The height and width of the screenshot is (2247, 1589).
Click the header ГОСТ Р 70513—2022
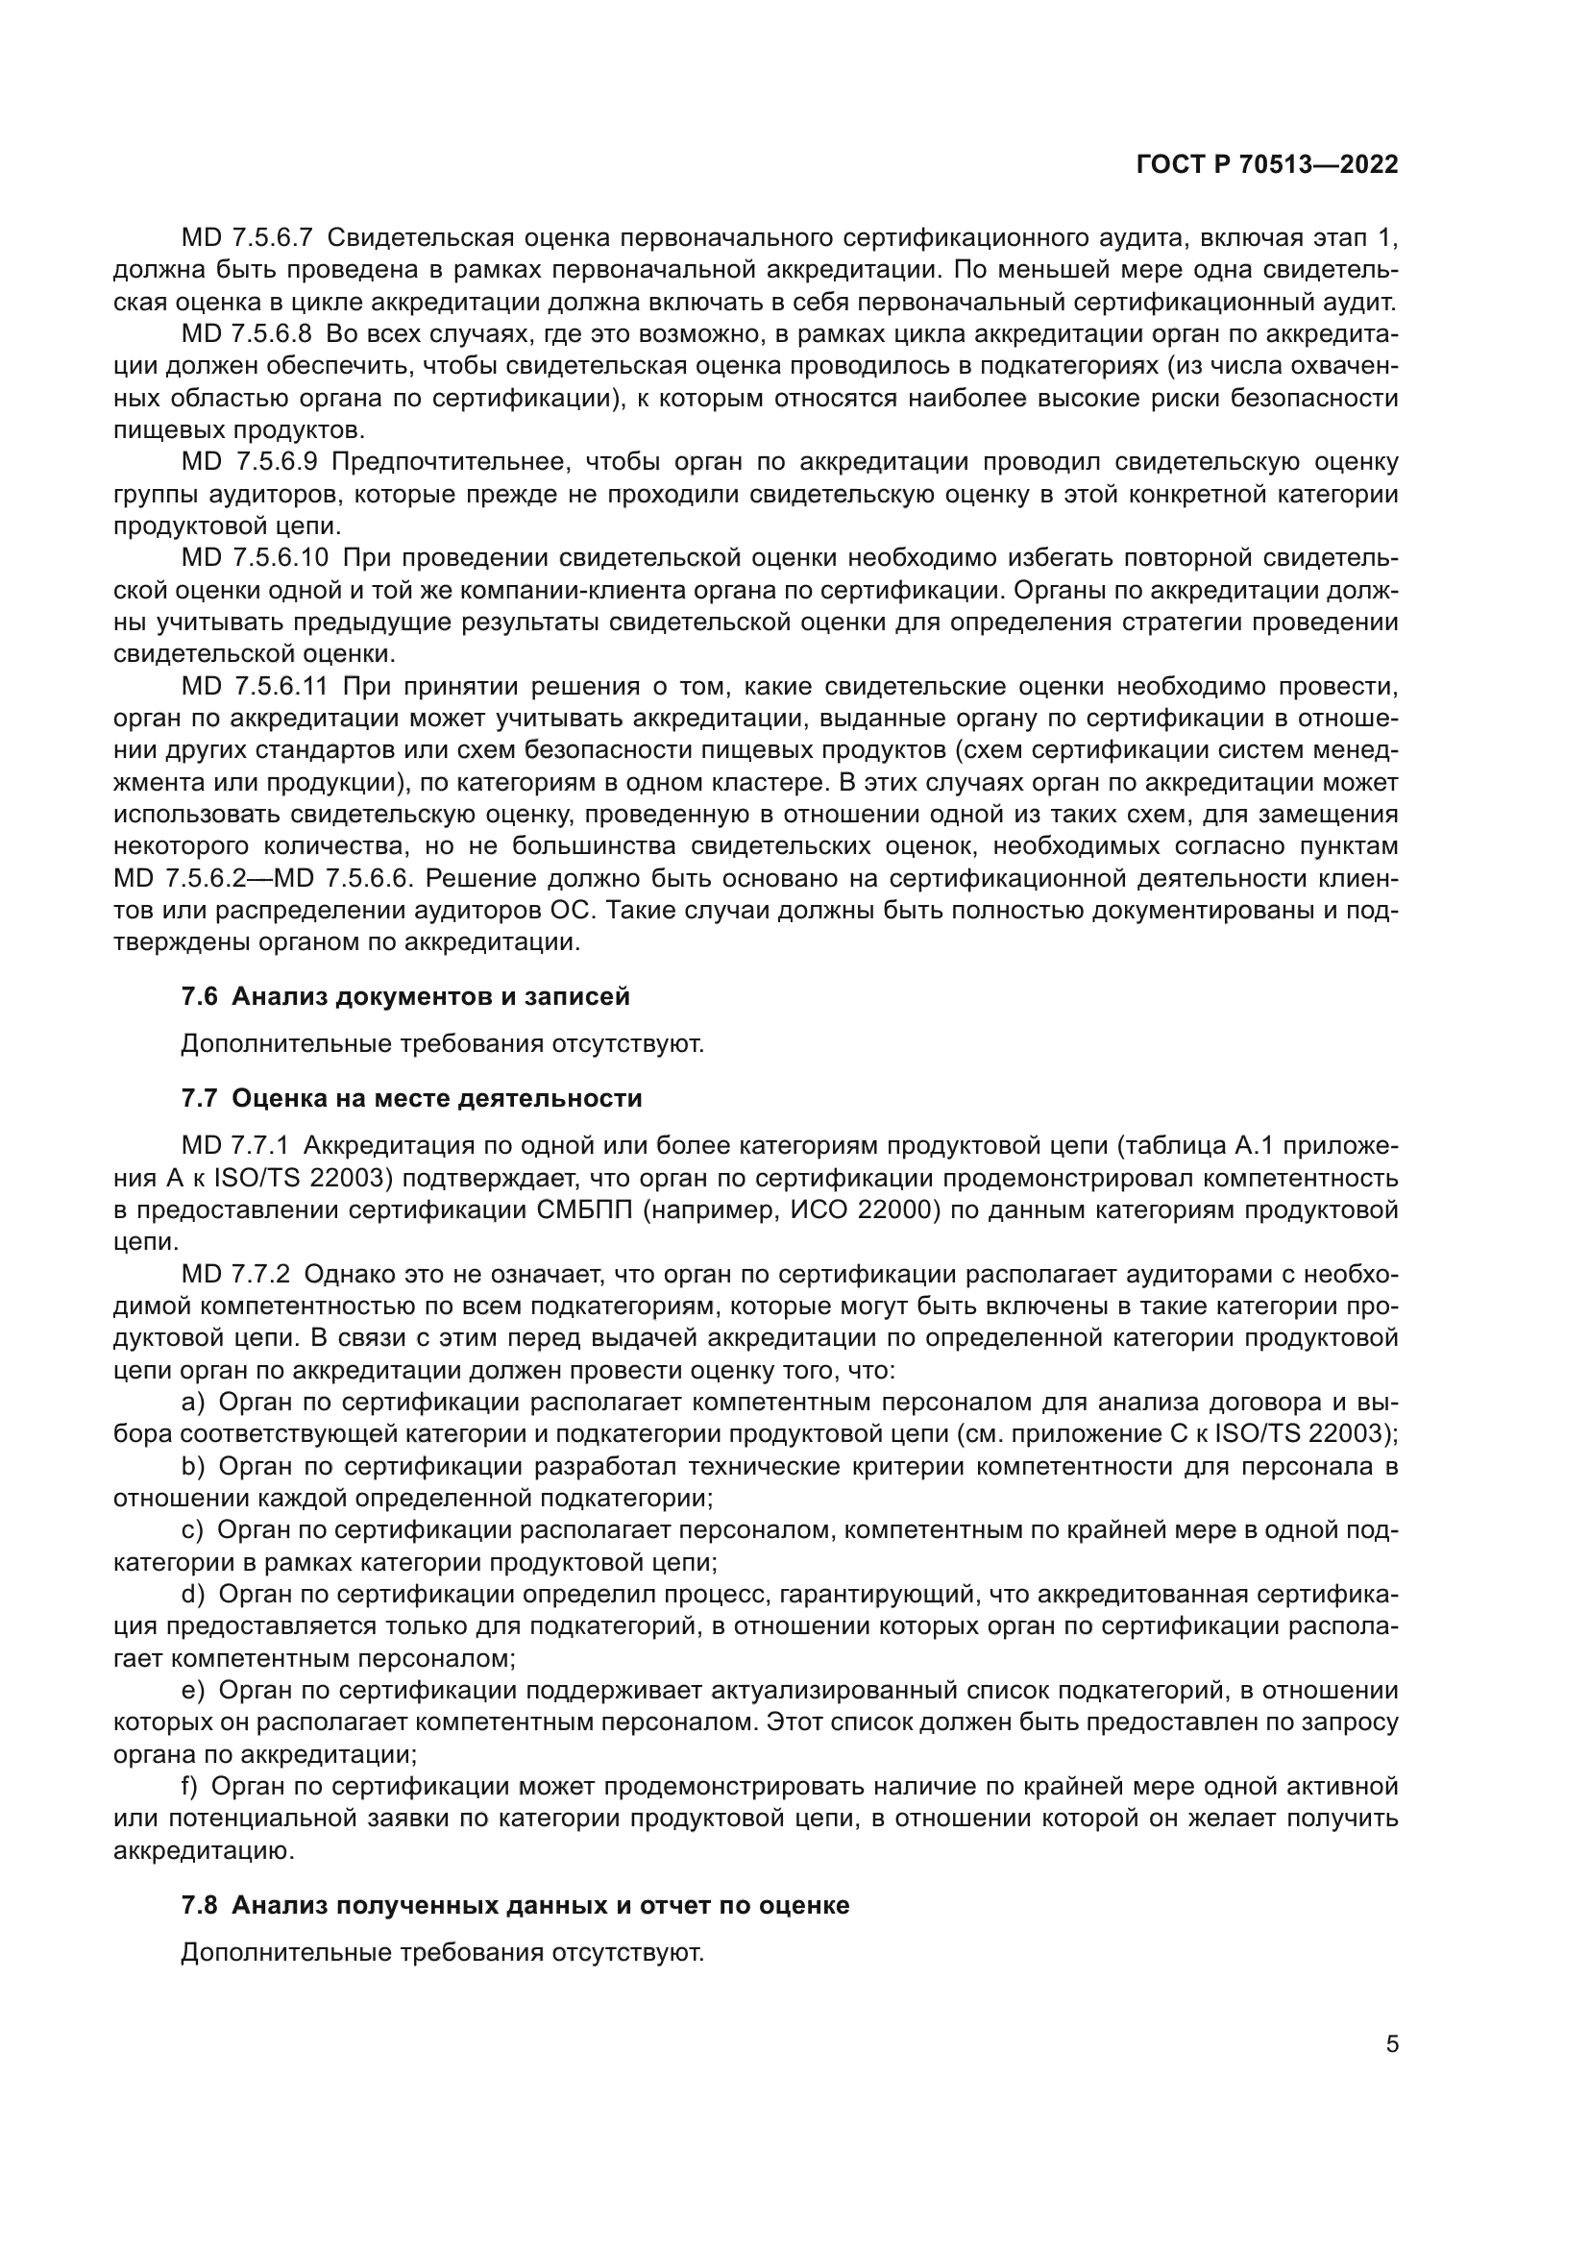coord(1267,164)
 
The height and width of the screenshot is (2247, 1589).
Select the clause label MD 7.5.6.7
coord(247,238)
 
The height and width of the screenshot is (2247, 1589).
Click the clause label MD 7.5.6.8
coord(247,333)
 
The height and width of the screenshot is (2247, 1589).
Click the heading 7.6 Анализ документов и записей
coord(405,996)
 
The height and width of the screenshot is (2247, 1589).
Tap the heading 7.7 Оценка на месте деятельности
coord(411,1098)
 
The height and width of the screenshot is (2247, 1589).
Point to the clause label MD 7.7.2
coord(235,1274)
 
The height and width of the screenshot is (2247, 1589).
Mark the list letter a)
coord(193,1403)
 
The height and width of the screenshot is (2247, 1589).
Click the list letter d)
coord(193,1595)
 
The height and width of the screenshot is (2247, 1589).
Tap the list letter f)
coord(190,1787)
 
